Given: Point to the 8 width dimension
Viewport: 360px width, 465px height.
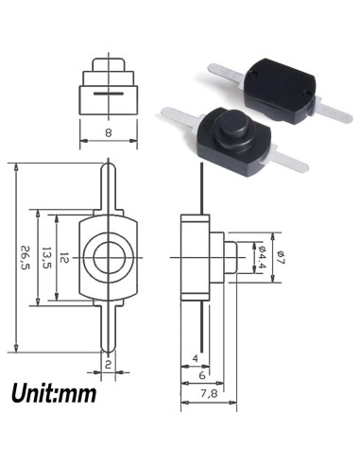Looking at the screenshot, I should pyautogui.click(x=108, y=133).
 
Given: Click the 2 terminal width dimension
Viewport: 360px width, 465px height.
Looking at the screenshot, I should pyautogui.click(x=109, y=364).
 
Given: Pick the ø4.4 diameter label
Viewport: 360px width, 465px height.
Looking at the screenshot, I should pyautogui.click(x=262, y=256).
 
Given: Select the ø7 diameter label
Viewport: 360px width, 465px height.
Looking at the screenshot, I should pyautogui.click(x=281, y=256).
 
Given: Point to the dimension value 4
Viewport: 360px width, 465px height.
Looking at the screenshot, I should pyautogui.click(x=195, y=358).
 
